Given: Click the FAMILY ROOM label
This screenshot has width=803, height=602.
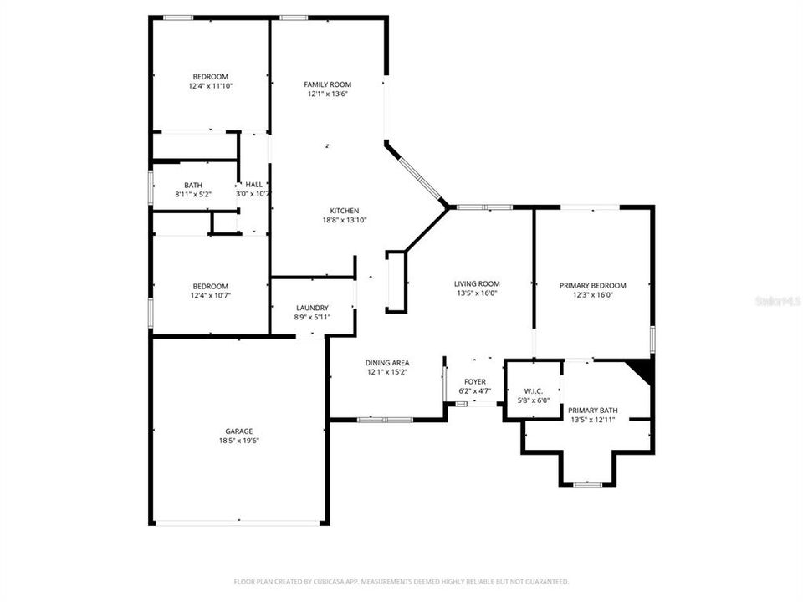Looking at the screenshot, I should click(x=327, y=84).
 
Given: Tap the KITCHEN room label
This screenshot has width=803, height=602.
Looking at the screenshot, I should click(x=344, y=211).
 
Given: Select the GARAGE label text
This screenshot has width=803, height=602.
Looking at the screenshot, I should click(x=238, y=431).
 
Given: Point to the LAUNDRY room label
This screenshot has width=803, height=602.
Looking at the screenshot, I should click(x=312, y=308).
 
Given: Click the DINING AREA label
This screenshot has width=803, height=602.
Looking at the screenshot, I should click(x=386, y=363).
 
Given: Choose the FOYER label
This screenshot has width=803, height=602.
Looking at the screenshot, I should click(x=475, y=382).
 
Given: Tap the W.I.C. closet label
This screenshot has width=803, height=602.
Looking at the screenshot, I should click(x=534, y=390).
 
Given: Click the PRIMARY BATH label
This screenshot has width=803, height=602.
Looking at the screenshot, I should click(x=592, y=410).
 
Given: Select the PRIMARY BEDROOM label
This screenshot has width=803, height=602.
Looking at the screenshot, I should click(x=592, y=285).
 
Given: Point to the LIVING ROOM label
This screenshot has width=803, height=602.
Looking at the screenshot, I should click(x=477, y=283).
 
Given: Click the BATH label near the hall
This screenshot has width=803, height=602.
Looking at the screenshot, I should click(x=193, y=186).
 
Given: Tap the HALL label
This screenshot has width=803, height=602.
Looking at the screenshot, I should click(x=253, y=184).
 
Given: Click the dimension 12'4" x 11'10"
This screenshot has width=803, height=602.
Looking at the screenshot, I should click(x=210, y=86).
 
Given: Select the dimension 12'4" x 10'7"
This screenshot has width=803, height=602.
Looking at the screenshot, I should click(x=210, y=295).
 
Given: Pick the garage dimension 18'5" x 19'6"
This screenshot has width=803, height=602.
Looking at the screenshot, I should click(x=238, y=441).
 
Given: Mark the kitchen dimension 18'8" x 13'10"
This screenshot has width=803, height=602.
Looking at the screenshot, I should click(x=344, y=221).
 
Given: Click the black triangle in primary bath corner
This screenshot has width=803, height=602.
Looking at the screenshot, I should click(x=643, y=368).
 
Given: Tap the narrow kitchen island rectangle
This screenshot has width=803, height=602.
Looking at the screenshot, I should click(x=396, y=282).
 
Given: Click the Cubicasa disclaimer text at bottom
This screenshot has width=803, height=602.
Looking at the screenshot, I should click(x=401, y=581).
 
